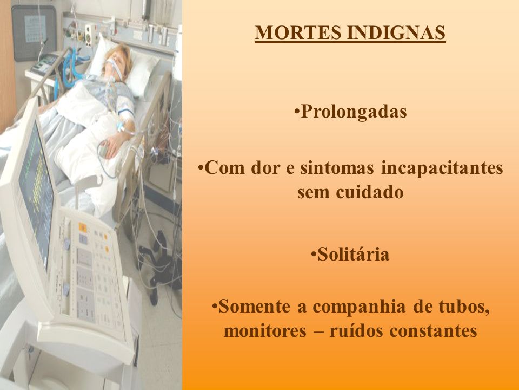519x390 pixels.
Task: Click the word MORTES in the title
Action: tap(298, 32)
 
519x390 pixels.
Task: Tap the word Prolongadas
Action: tap(354, 112)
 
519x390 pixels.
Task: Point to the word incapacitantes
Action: tap(442, 168)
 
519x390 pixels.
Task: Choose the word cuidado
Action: tap(370, 192)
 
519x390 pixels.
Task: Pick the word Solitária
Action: tap(354, 255)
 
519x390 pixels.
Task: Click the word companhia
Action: tap(359, 307)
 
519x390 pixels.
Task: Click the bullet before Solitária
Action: tap(314, 255)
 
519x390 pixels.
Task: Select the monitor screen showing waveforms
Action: tap(36, 196)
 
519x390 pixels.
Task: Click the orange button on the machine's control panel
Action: tap(82, 228)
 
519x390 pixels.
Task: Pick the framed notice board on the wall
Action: tap(34, 32)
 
